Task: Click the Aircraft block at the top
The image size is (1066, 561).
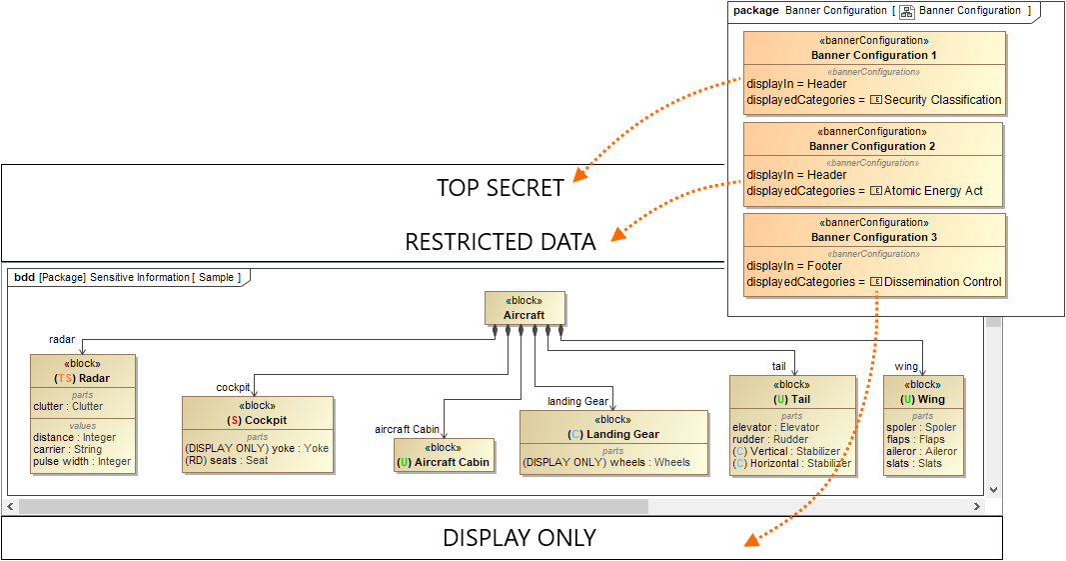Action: point(525,315)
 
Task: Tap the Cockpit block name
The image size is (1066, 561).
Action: point(258,421)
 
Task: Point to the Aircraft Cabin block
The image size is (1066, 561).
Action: point(443,462)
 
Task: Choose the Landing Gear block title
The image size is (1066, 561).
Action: point(613,435)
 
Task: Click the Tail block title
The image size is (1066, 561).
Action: point(792,399)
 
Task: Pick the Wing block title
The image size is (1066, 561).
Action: point(923,399)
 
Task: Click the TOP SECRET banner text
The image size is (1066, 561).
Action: point(500,188)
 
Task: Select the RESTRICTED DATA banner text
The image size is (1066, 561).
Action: point(500,242)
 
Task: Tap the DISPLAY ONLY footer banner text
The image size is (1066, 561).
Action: point(520,538)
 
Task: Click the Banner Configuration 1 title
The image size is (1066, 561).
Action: point(874,55)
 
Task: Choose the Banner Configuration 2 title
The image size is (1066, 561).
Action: point(872,146)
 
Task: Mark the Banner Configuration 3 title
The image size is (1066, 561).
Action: point(872,237)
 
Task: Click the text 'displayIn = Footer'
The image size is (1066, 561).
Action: point(794,266)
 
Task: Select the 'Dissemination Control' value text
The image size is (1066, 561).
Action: point(942,282)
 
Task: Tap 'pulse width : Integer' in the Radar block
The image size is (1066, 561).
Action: point(82,462)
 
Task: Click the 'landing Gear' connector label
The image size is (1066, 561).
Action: point(577,402)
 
